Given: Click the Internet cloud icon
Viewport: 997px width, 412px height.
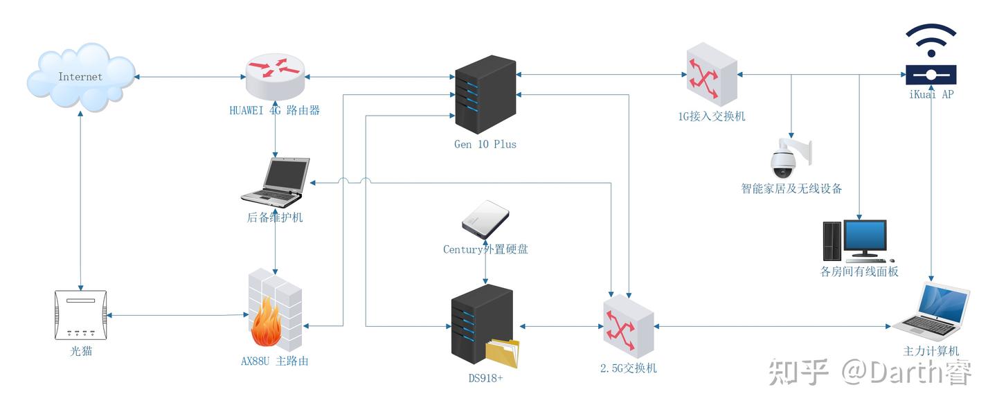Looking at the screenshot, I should (x=80, y=76).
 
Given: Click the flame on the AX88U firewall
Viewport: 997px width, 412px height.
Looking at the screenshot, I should (x=265, y=325).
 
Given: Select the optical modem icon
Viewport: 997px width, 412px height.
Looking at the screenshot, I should (x=81, y=315).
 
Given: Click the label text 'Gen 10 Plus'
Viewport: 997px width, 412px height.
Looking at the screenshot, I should (x=485, y=145).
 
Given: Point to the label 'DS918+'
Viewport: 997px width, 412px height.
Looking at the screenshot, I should (x=485, y=378).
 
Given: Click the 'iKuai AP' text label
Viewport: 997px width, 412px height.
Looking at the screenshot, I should (x=931, y=94).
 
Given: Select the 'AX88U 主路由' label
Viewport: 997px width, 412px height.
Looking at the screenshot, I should (x=275, y=361).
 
